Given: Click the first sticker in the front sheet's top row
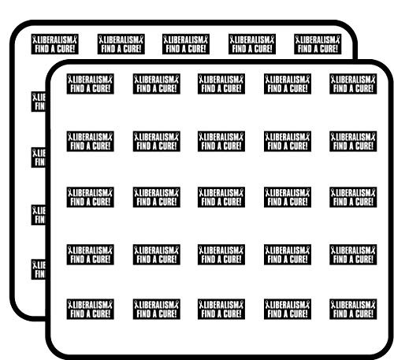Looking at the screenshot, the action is (x=91, y=84).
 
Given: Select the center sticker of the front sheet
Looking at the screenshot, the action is (x=221, y=197).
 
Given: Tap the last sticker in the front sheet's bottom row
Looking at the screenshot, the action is (x=353, y=309).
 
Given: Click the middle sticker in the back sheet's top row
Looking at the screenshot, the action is (x=186, y=44).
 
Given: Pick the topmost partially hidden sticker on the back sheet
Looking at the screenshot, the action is (x=39, y=102).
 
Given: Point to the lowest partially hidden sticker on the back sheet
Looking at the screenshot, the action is (x=39, y=269).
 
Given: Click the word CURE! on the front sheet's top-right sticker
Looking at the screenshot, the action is (x=363, y=89).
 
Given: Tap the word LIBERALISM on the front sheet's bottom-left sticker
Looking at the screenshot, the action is (x=90, y=305).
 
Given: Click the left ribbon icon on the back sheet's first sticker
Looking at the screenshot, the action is (x=35, y=40).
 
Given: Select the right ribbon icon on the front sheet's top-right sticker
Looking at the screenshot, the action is (x=374, y=80).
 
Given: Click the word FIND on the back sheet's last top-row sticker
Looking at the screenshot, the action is (x=304, y=49).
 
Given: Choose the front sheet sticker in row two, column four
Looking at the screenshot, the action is (x=288, y=141).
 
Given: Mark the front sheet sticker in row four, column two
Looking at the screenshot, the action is (x=157, y=254).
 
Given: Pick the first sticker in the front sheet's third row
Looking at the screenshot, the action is (x=91, y=197).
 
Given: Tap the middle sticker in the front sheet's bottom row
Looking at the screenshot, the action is (x=221, y=309).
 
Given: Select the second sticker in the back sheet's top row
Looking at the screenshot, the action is (x=121, y=44).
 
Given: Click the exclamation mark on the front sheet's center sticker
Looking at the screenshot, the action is (x=240, y=202).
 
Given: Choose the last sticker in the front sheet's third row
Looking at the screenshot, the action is (x=353, y=197).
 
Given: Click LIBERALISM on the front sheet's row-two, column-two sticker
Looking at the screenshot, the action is (x=156, y=137).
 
